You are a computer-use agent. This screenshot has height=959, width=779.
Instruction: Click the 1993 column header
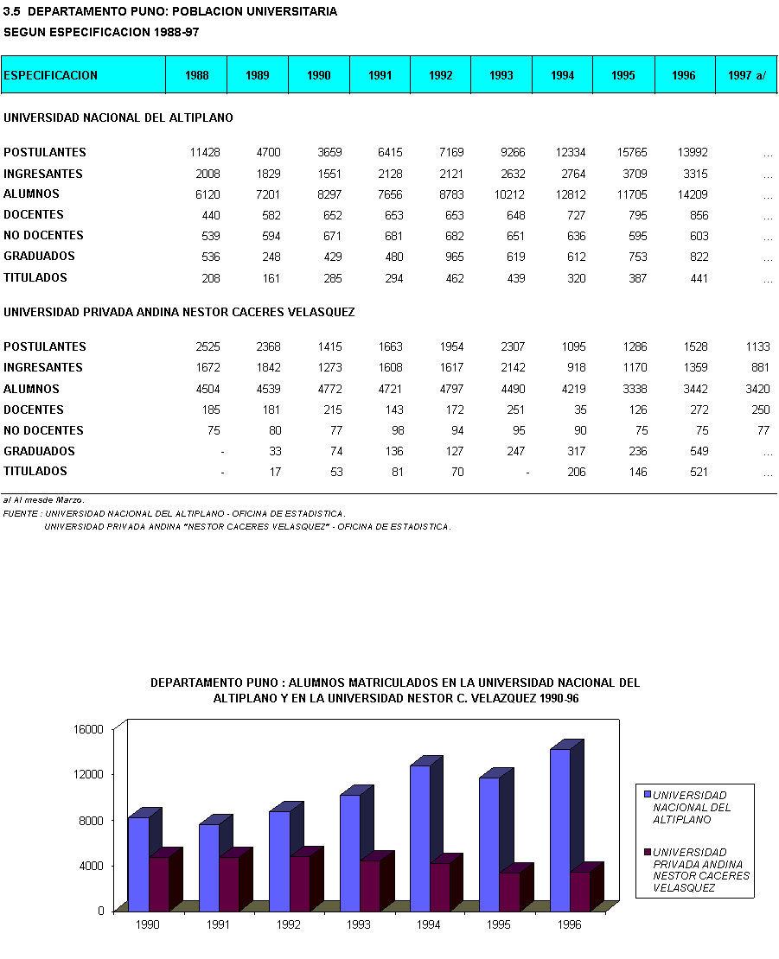[501, 75]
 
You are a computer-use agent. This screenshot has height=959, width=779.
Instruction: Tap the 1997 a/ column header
[747, 75]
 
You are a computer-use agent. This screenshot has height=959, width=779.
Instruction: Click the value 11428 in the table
[205, 153]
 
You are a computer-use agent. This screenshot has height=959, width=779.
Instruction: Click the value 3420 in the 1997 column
[757, 389]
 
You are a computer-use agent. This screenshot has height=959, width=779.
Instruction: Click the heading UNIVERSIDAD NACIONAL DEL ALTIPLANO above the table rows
[118, 117]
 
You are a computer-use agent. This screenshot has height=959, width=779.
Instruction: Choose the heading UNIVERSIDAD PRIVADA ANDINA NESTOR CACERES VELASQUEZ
[179, 312]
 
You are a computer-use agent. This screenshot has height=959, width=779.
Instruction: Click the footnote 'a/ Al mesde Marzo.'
[43, 500]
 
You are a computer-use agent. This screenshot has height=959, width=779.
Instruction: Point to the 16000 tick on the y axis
[88, 728]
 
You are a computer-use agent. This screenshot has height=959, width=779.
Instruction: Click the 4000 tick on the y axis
[92, 865]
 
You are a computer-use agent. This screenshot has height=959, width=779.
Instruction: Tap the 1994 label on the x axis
[428, 924]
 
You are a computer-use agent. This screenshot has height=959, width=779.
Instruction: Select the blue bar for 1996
[560, 829]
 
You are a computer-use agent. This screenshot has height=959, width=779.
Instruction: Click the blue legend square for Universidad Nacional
[647, 793]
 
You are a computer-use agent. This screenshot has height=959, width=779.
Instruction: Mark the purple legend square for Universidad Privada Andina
[647, 851]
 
